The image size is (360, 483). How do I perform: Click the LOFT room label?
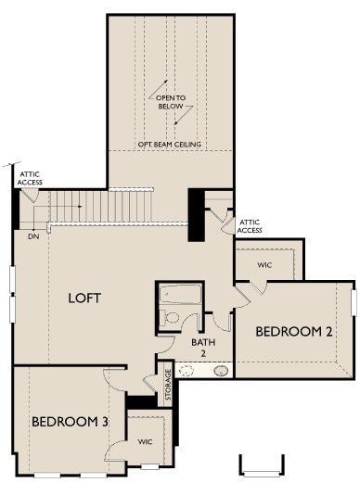tap(84, 299)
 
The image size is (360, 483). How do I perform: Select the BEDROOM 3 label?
tap(71, 422)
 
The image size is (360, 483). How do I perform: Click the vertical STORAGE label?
tap(167, 385)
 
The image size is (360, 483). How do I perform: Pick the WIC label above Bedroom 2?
tap(264, 264)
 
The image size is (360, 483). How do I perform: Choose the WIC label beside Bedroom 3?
tap(146, 441)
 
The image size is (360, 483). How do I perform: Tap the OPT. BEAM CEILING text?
tap(172, 144)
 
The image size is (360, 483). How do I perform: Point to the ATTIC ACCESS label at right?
tap(251, 225)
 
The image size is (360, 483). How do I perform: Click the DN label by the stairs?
tap(33, 236)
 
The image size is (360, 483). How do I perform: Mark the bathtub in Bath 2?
tap(179, 296)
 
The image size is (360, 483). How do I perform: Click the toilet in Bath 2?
tap(171, 317)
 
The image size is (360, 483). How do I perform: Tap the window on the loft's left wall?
tap(13, 294)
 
